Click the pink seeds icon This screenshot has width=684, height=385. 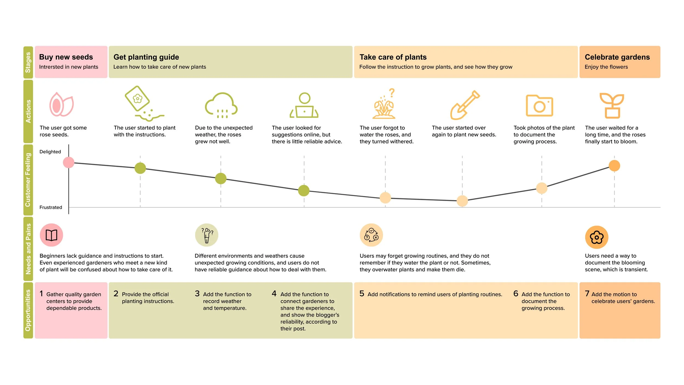pos(61,105)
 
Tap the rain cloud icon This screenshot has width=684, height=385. pos(221,105)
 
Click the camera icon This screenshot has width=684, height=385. pos(539,106)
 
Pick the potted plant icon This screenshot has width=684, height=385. pos(611,105)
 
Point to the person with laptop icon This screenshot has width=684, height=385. pos(304,105)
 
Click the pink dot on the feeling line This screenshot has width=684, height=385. pos(69,162)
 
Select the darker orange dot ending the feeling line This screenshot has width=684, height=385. pos(614,166)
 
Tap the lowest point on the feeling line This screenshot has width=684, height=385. pos(462,201)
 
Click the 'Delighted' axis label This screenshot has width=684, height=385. pos(50,152)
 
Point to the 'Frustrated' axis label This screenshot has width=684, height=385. pos(51,207)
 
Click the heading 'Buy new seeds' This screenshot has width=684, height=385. pos(66,57)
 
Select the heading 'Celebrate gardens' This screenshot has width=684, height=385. pos(617,57)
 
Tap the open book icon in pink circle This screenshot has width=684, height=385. pos(51,235)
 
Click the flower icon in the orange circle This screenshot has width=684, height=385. pos(596,237)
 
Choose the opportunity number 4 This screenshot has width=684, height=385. pos(274,294)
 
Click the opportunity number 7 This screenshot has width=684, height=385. pos(587,294)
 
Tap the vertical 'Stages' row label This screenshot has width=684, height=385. pos(28,62)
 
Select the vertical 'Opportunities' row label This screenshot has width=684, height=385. pos(28,310)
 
